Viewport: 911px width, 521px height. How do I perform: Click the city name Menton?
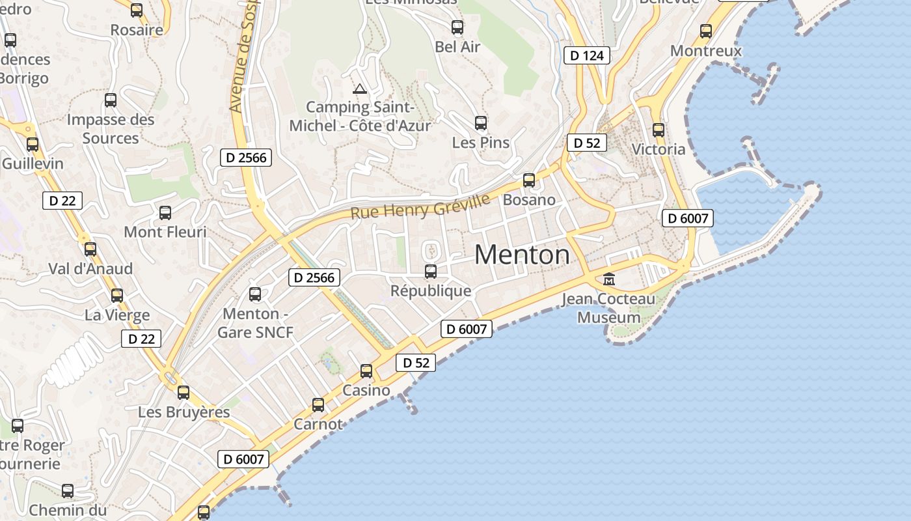(522, 254)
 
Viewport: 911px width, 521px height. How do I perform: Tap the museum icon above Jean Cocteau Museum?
(609, 279)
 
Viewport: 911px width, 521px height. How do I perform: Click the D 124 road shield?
(587, 55)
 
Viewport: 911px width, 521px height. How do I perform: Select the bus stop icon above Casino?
(366, 371)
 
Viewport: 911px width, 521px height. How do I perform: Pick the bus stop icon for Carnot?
(318, 405)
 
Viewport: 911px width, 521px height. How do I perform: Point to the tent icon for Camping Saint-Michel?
(359, 89)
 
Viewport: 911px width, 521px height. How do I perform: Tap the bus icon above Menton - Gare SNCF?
(255, 294)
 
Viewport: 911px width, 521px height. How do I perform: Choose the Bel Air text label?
(457, 47)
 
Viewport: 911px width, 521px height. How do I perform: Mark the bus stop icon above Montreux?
(706, 31)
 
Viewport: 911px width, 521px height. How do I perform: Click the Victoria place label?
(659, 149)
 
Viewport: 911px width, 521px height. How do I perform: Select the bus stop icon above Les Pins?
(481, 122)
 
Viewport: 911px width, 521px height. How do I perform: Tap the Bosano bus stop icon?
(529, 180)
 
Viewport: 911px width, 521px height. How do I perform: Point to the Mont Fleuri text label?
(165, 232)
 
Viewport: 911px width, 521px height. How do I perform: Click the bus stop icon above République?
(431, 272)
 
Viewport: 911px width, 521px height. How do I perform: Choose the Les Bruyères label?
(184, 412)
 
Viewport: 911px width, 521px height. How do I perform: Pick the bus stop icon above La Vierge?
(117, 296)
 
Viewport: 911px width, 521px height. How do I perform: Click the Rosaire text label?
(137, 30)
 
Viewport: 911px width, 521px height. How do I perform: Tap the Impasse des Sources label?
(111, 129)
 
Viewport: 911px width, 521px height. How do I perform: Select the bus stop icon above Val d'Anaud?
(90, 249)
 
